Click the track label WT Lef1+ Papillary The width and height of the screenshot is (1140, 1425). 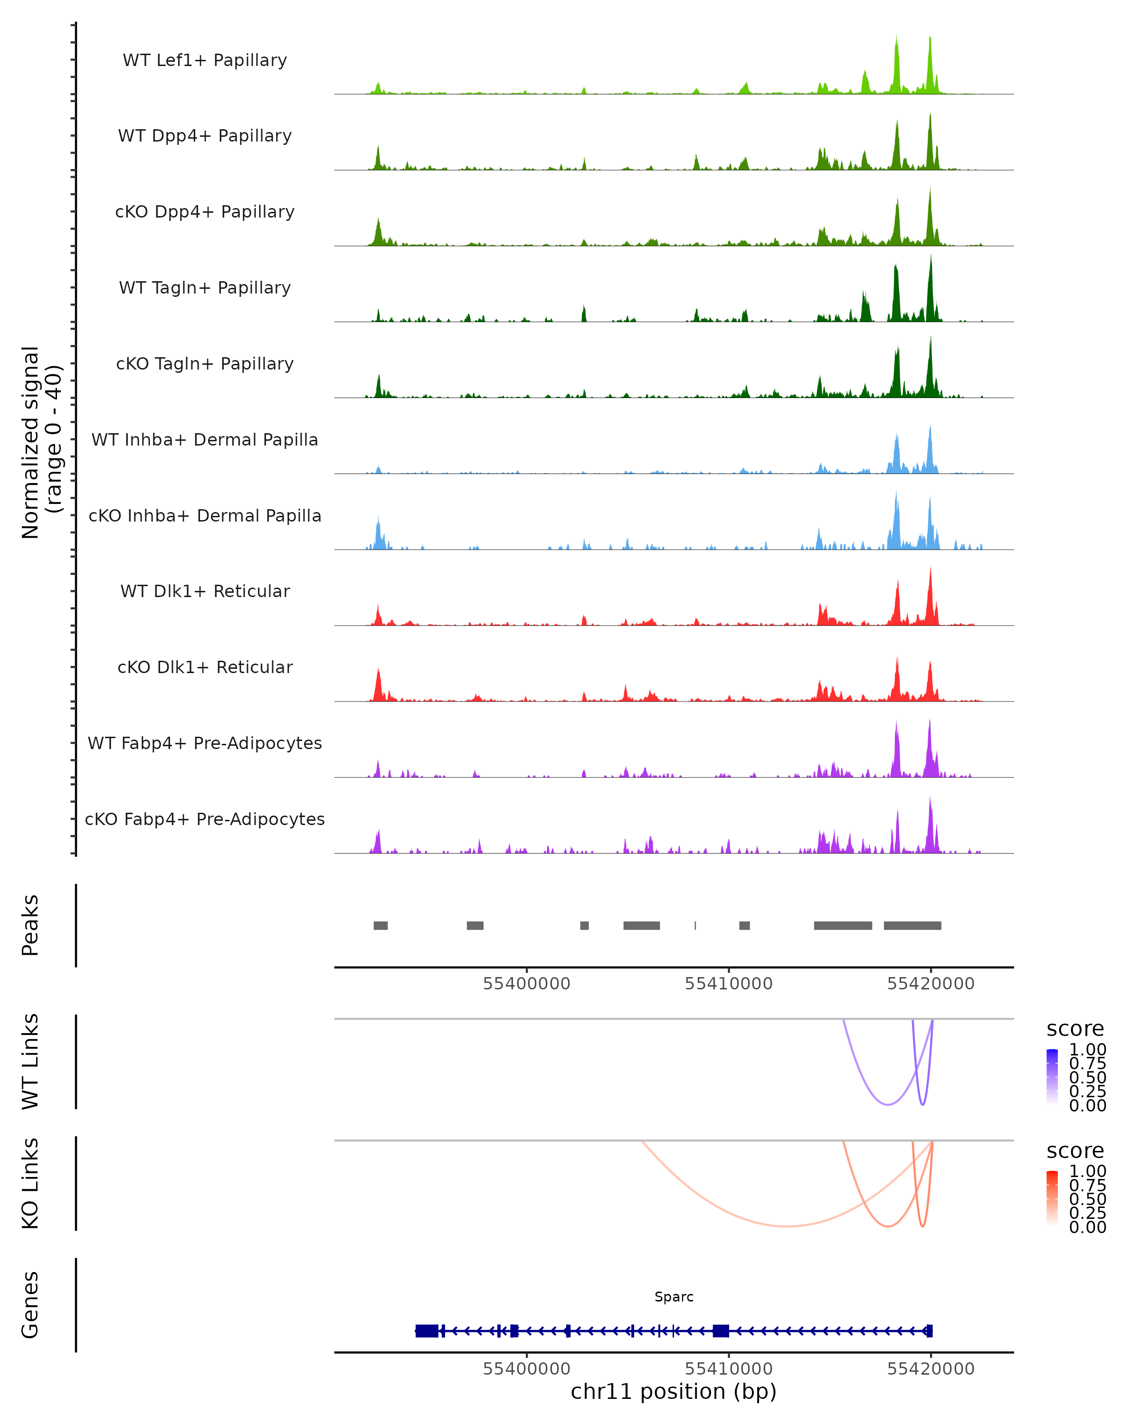[x=205, y=60]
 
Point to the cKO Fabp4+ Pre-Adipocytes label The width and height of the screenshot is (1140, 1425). [x=205, y=819]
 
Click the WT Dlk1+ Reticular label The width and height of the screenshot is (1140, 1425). [x=205, y=591]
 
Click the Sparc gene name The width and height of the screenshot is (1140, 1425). [x=674, y=1297]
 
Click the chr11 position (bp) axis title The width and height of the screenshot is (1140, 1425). [x=674, y=1391]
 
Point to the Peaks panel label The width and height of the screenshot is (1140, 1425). [x=30, y=925]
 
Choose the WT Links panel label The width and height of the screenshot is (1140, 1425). [x=30, y=1062]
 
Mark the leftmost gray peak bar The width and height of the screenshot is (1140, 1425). [x=380, y=925]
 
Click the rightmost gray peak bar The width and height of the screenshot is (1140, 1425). [x=912, y=925]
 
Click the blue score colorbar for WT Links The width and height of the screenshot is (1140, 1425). [x=1052, y=1077]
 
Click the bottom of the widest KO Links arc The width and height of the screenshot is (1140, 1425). [x=787, y=1226]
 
